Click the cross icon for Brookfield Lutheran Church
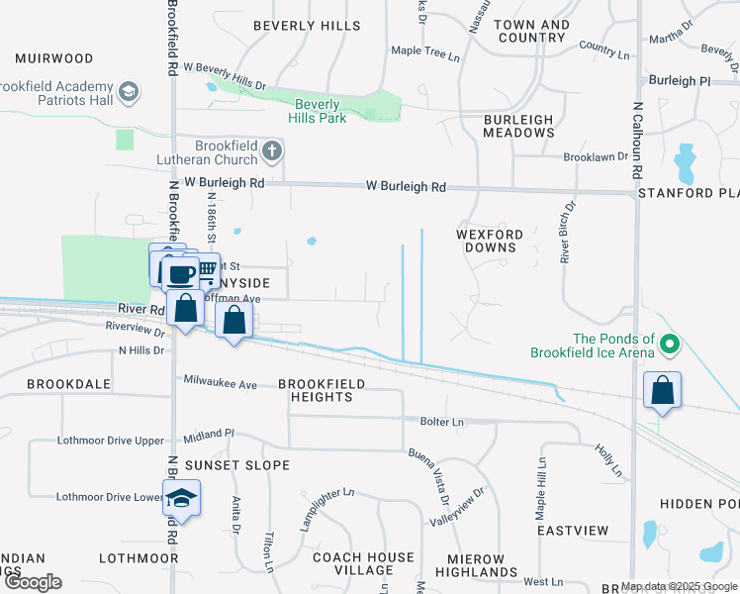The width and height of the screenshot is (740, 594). (273, 151)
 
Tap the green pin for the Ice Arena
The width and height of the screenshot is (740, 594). (670, 346)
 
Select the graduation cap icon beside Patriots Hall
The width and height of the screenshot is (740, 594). (128, 93)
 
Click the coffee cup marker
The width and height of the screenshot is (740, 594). (180, 274)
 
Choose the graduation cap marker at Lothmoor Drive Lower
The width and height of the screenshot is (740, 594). (181, 497)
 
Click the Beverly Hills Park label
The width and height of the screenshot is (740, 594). (316, 111)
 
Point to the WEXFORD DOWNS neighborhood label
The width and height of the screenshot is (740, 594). (488, 241)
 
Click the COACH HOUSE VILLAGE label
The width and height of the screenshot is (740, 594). (363, 564)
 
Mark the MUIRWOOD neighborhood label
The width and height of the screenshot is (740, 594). (53, 59)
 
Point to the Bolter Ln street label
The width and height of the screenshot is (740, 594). (441, 422)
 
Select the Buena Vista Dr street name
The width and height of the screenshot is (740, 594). (430, 472)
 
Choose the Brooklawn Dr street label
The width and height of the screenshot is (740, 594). (596, 156)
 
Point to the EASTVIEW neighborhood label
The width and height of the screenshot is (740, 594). (573, 531)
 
